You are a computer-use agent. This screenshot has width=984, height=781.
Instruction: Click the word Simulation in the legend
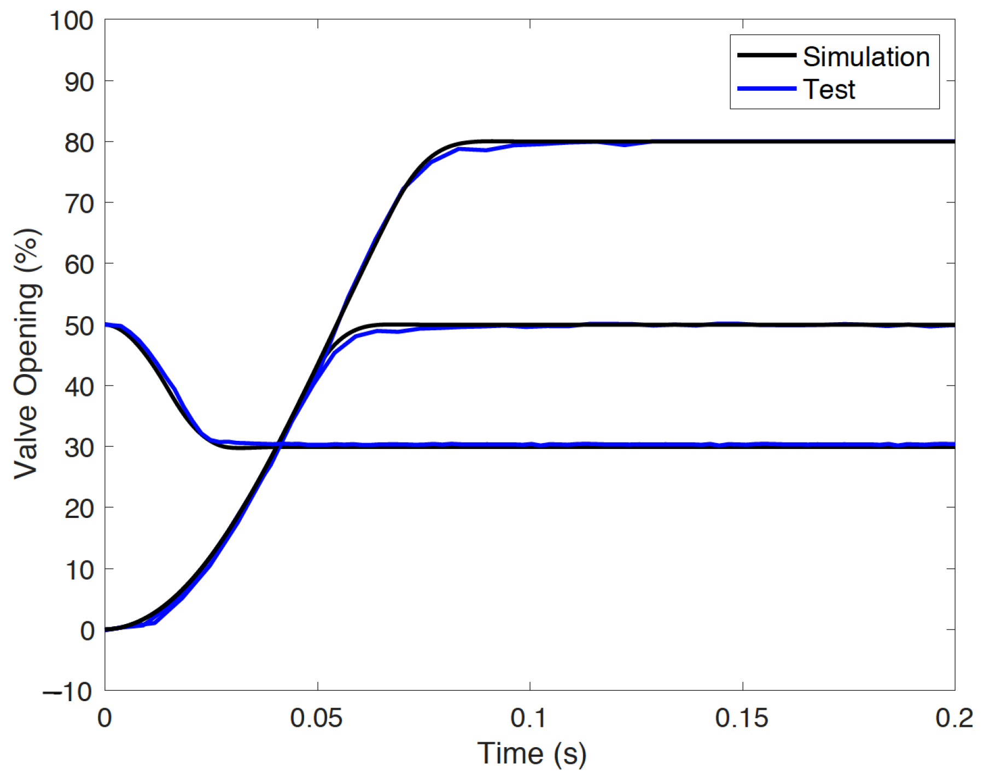click(866, 57)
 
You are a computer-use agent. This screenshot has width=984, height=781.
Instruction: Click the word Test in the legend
click(829, 89)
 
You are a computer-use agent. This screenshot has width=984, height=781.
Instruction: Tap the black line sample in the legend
click(766, 55)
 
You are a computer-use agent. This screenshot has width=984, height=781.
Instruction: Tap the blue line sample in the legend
click(766, 89)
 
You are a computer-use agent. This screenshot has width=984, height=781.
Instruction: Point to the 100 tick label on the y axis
click(71, 21)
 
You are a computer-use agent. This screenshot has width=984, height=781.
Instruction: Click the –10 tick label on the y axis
click(68, 692)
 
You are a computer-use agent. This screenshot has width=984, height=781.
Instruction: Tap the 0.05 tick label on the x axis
click(316, 718)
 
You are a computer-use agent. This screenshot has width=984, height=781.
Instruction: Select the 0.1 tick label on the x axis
click(529, 718)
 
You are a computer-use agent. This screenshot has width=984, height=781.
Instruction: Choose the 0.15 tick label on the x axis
click(741, 718)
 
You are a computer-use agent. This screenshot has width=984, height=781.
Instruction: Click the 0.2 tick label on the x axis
click(954, 718)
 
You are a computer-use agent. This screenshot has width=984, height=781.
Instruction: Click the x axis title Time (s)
click(532, 754)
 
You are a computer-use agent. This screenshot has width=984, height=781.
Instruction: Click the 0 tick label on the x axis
click(104, 718)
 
